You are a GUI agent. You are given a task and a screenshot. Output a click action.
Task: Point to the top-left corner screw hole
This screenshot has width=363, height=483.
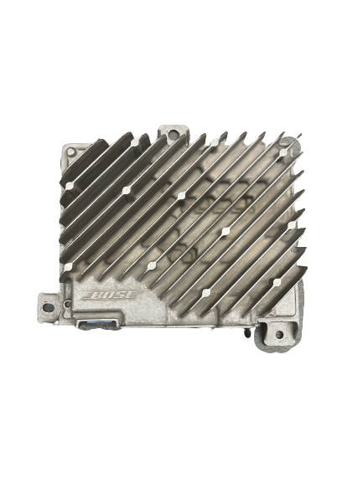pos(71,152)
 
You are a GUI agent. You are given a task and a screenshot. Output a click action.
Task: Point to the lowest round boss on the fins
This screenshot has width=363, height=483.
pos(206,292)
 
